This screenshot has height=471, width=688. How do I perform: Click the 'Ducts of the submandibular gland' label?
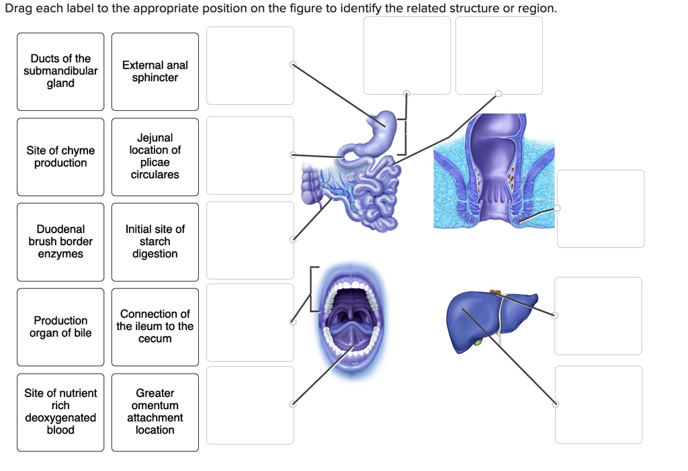pos(60,71)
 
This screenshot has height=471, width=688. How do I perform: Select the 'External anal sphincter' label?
pos(155,71)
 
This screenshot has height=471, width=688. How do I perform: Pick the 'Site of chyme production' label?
pos(60,157)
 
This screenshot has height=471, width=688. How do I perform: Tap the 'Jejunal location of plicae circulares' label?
pos(155,157)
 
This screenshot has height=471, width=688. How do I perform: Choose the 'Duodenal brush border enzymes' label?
pos(60,242)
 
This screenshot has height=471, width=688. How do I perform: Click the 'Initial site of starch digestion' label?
pos(155,242)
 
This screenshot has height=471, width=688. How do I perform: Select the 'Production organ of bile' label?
pos(60,327)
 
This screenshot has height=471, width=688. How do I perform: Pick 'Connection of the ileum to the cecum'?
pos(155,327)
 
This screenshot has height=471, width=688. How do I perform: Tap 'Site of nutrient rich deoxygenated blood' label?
pos(60,412)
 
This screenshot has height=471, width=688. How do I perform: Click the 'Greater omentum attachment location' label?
pos(155,412)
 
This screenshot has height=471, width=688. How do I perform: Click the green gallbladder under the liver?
pos(478,342)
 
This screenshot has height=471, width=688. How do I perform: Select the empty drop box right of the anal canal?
pos(600,208)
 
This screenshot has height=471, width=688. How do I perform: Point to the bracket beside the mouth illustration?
pos(312,289)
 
